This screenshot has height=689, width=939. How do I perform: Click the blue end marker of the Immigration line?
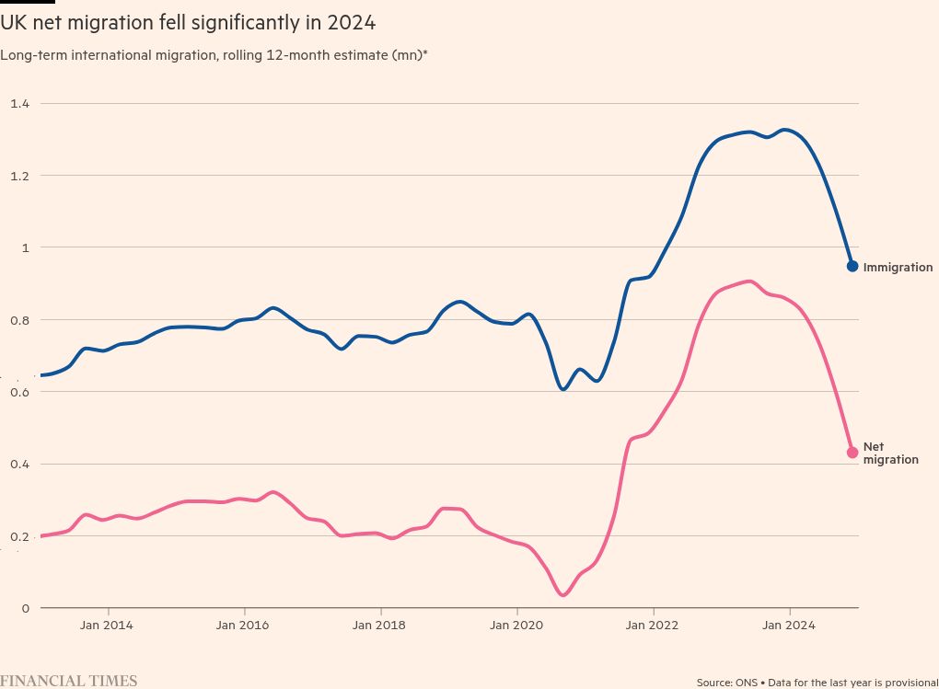852,266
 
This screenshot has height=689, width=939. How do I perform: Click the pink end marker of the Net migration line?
852,452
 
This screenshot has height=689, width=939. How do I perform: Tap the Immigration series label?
898,268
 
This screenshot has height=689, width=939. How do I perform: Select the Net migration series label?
890,453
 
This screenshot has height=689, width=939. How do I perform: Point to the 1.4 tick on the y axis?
19,104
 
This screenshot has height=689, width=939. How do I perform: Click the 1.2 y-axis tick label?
19,176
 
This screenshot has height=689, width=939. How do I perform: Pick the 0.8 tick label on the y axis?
19,320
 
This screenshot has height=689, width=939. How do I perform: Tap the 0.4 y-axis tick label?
19,464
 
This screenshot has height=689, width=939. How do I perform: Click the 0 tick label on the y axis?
26,608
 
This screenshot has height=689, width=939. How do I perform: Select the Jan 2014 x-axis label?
107,626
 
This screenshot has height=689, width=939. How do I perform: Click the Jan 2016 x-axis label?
243,626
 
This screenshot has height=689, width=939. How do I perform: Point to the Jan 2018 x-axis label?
379,626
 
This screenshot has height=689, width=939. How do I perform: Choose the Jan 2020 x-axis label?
516,626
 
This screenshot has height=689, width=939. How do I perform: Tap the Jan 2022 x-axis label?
653,626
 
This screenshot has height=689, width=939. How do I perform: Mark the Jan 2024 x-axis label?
789,626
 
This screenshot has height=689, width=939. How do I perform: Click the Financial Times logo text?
69,681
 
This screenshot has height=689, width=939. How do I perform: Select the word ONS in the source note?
745,683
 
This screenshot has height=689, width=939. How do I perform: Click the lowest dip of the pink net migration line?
563,595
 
